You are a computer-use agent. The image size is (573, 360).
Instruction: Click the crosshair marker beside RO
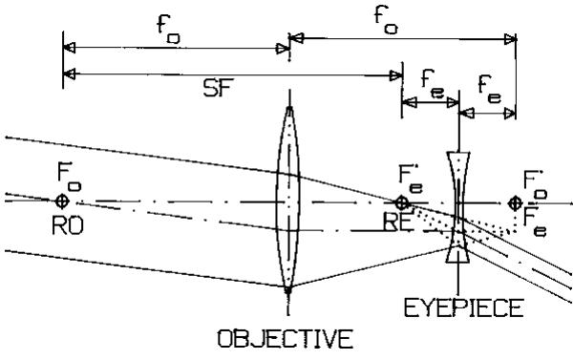(63, 201)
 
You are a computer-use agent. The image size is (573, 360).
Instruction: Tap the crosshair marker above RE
(402, 201)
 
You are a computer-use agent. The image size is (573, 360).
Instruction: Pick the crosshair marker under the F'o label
(516, 201)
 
